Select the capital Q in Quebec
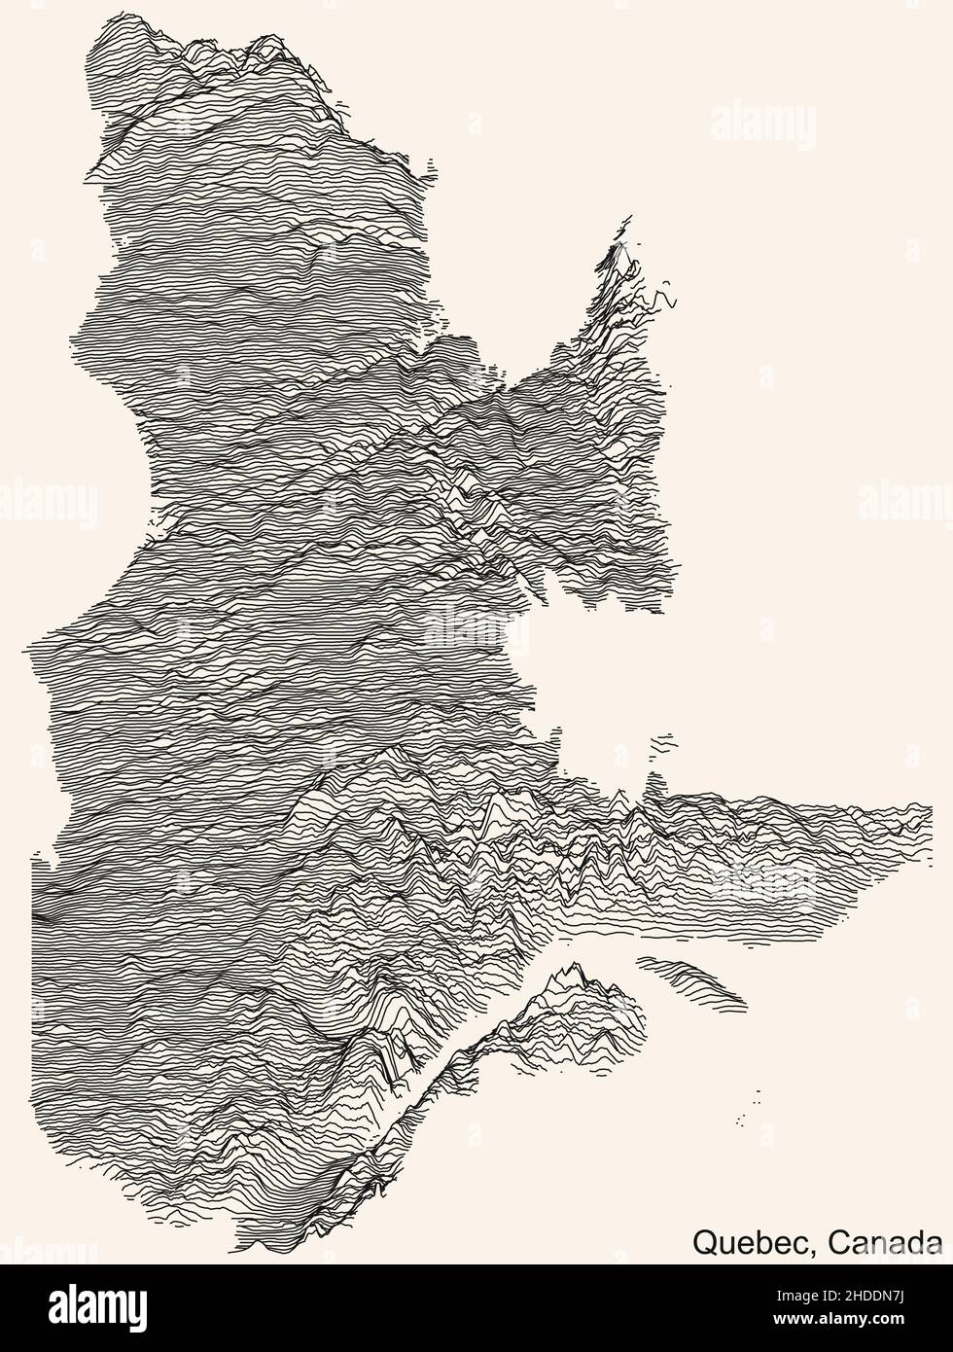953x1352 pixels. (x=705, y=1241)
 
